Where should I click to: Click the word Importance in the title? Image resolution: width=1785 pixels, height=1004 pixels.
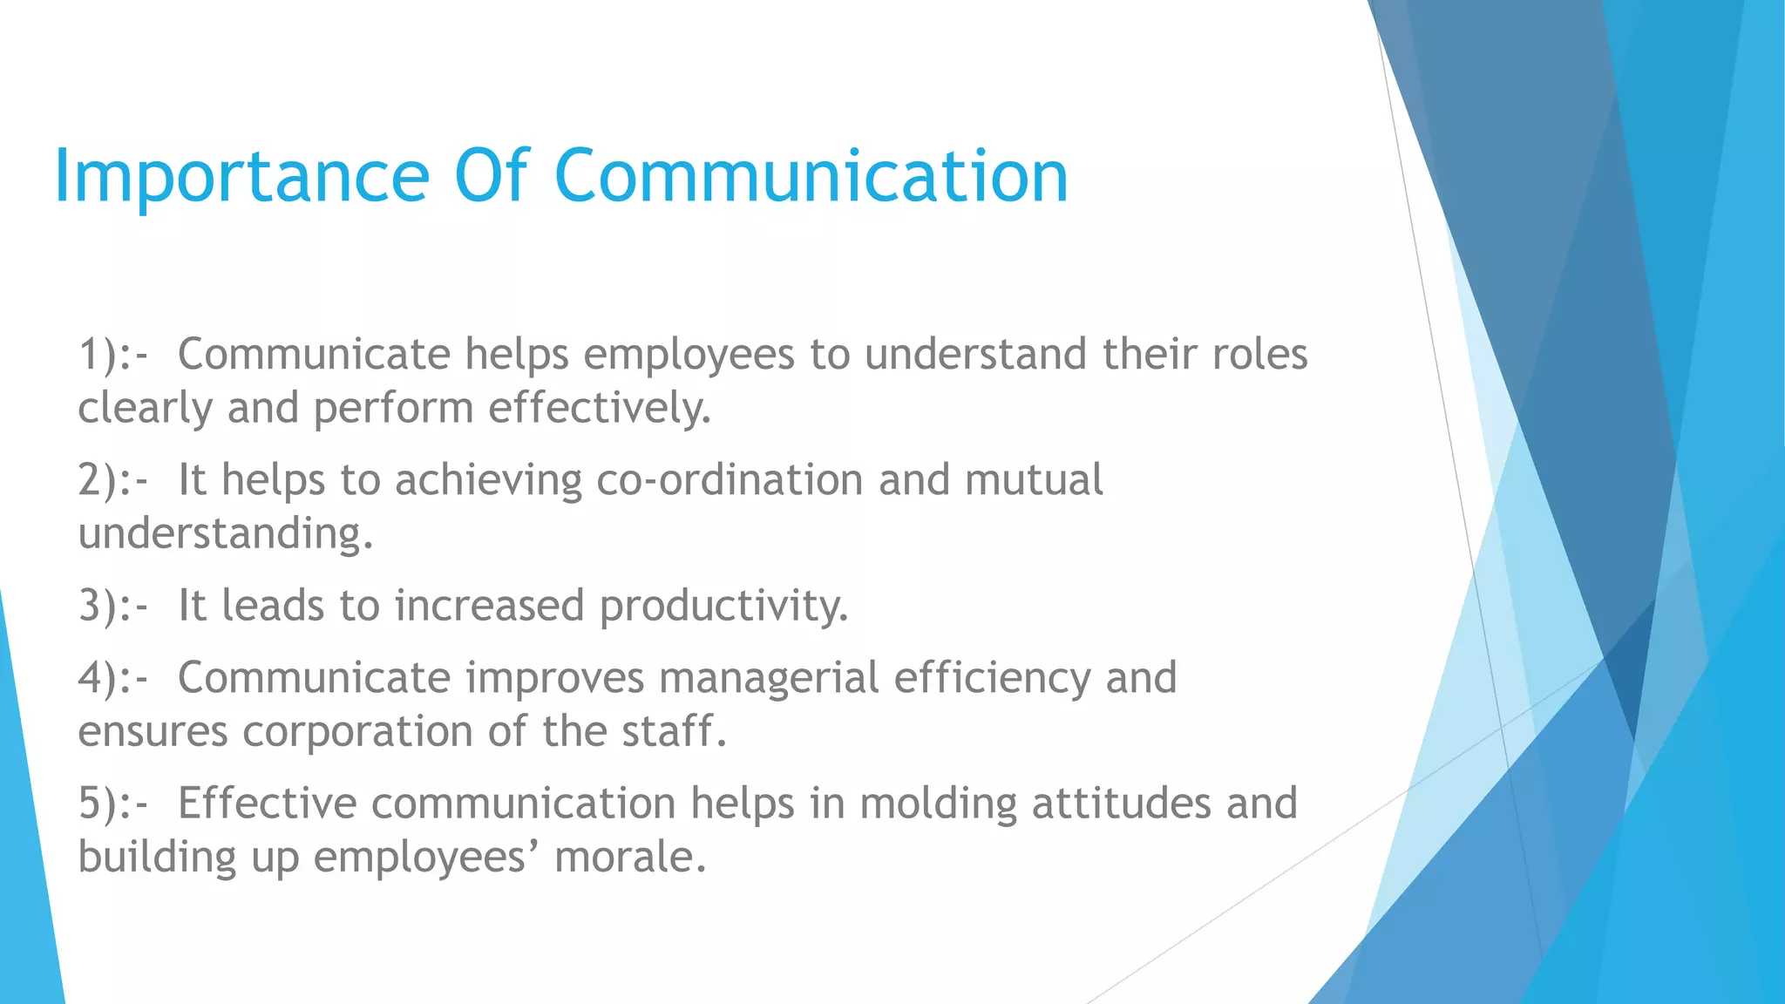pos(241,177)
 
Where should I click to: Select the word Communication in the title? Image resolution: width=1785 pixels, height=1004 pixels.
pos(811,177)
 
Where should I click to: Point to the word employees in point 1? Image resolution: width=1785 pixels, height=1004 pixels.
pos(689,356)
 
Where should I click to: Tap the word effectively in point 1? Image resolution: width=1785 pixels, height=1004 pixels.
pos(599,409)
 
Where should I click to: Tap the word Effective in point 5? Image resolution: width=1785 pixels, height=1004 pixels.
pos(267,804)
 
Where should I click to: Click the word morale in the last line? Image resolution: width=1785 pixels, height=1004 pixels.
pos(628,858)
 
